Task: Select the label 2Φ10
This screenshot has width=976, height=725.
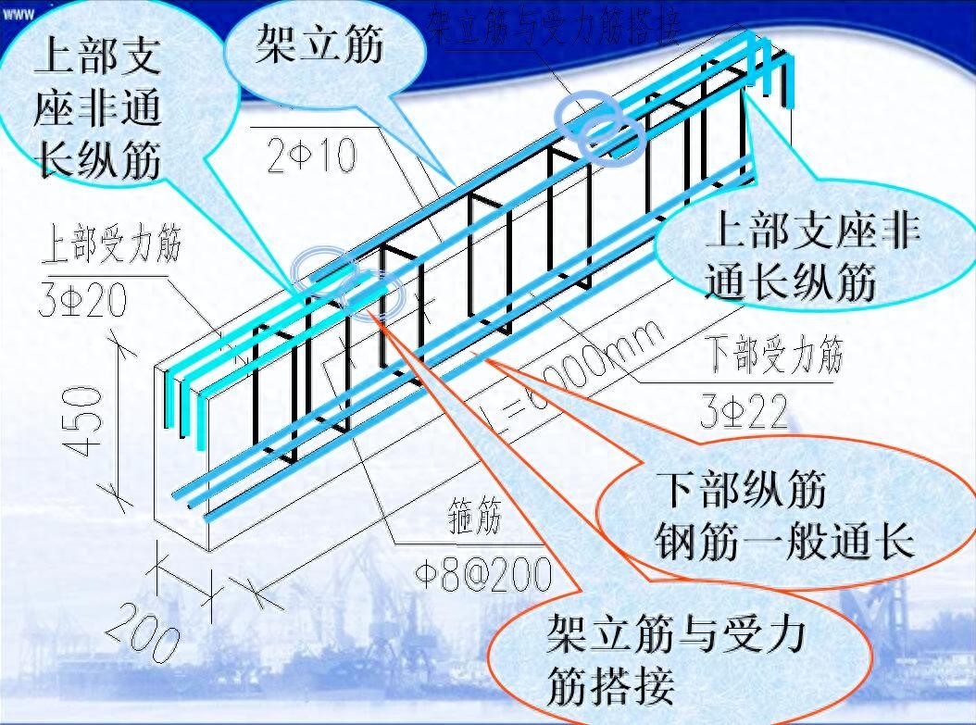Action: point(311,156)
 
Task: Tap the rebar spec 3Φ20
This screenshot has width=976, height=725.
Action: point(82,299)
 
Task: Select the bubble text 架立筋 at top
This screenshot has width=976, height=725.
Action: point(319,44)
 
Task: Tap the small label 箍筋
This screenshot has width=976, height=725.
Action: point(474,519)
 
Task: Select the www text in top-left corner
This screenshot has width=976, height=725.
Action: point(18,13)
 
